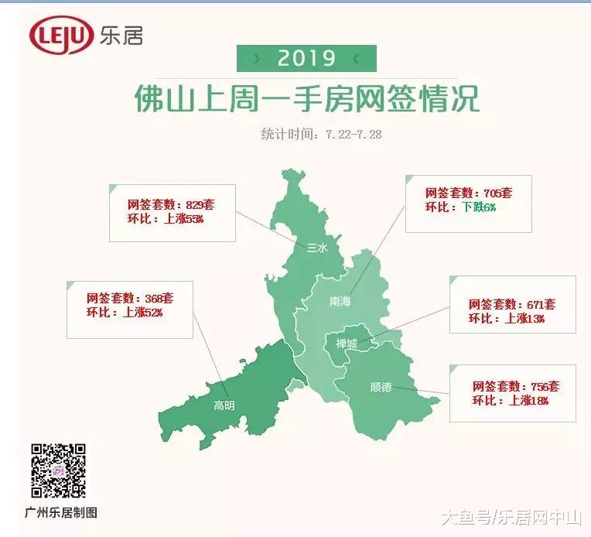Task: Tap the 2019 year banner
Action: pyautogui.click(x=306, y=58)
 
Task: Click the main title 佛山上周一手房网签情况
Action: pyautogui.click(x=306, y=99)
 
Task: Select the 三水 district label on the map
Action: pyautogui.click(x=318, y=248)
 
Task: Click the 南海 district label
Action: pyautogui.click(x=340, y=301)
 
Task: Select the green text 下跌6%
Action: pyautogui.click(x=479, y=207)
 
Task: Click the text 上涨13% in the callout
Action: pyautogui.click(x=525, y=318)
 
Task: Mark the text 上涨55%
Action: pyautogui.click(x=184, y=219)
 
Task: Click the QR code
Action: pyautogui.click(x=58, y=470)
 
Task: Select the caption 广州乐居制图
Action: pyautogui.click(x=64, y=512)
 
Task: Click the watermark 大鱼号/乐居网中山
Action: pyautogui.click(x=511, y=516)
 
